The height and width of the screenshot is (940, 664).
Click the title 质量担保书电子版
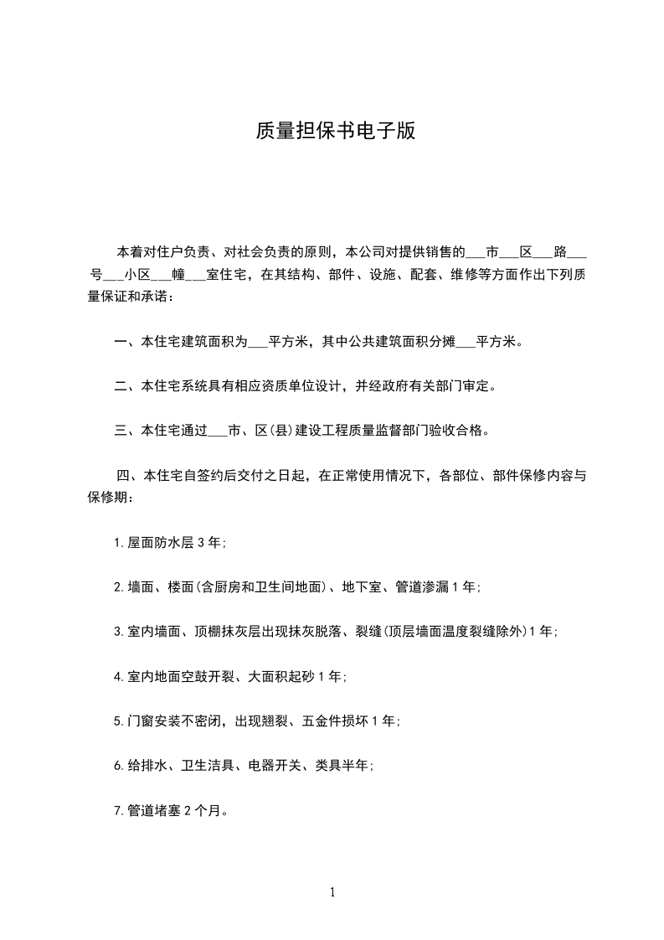(x=334, y=132)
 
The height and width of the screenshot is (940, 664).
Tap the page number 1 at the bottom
(x=332, y=893)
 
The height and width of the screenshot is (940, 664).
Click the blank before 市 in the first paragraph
(x=475, y=251)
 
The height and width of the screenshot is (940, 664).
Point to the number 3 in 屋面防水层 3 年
(x=200, y=543)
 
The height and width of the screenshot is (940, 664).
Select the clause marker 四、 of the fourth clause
(x=129, y=476)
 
